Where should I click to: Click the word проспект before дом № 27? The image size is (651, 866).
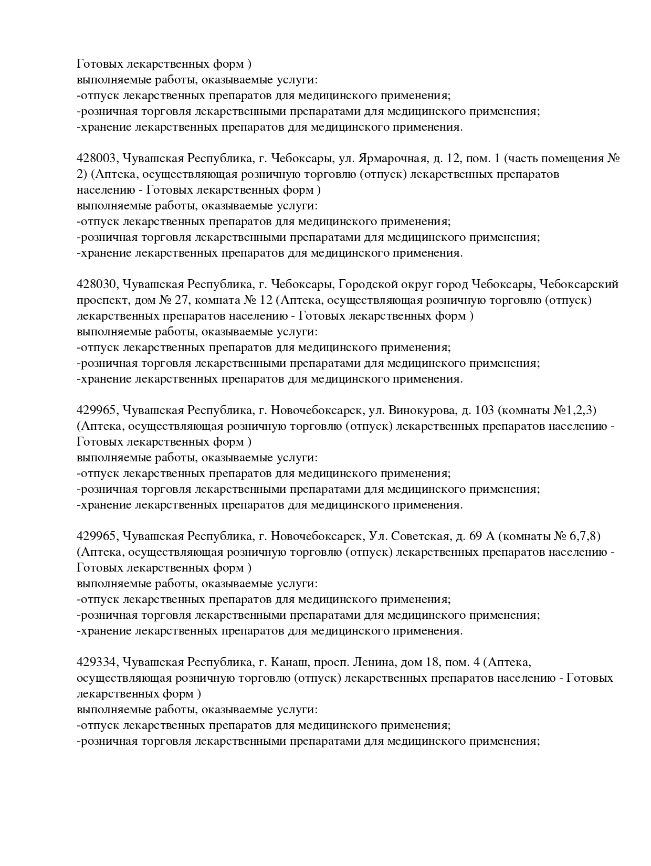coord(100,300)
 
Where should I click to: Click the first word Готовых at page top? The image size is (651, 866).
coord(101,64)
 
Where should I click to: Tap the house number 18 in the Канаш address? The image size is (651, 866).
coord(437,662)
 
